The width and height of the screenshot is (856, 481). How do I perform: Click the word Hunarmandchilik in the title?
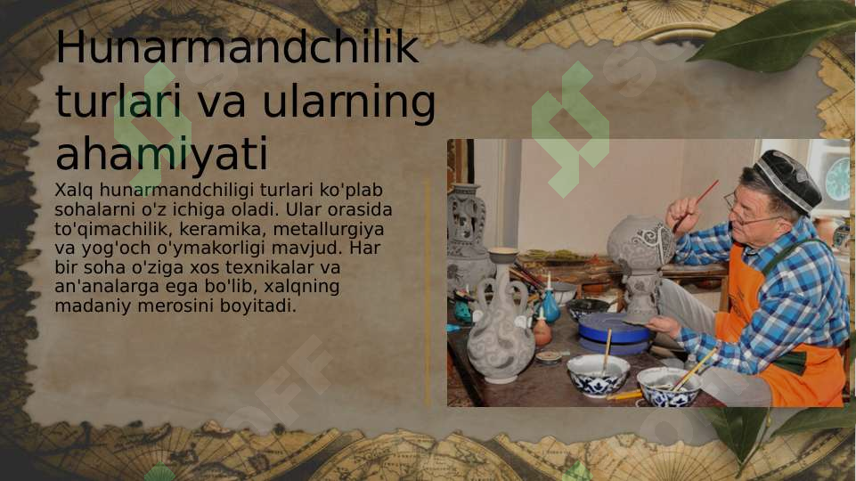tap(237, 48)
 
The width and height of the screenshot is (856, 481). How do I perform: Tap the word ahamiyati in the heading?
tap(161, 155)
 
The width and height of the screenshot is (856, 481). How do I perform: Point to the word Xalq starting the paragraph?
tap(74, 190)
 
